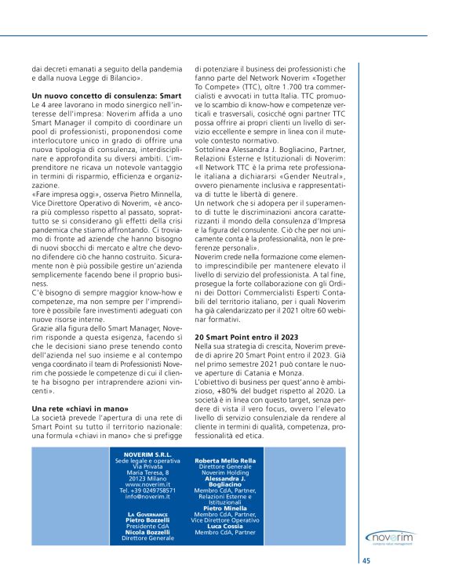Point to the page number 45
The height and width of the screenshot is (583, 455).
366,560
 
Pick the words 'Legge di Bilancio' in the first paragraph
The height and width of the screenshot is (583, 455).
111,78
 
